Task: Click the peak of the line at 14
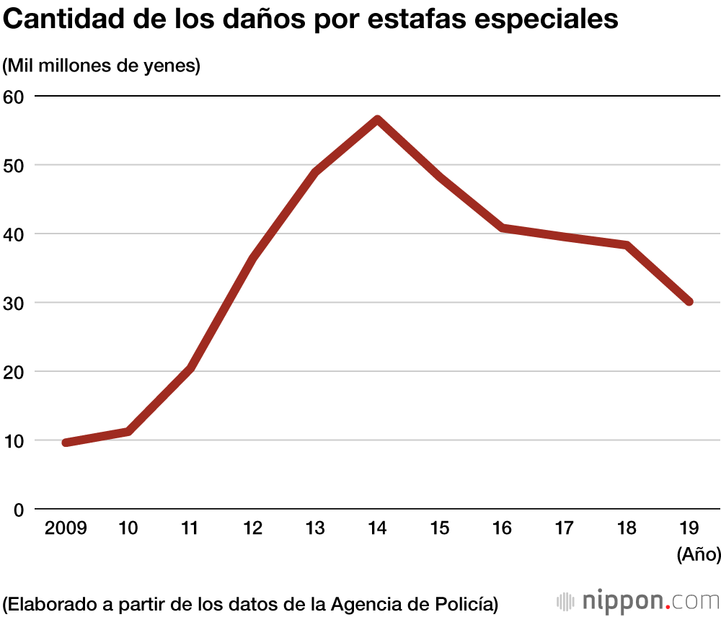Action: coord(377,119)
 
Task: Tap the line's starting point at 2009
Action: coord(66,443)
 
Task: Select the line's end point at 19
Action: coord(689,301)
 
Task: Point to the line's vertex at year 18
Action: coord(627,245)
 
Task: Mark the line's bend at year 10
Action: coord(128,431)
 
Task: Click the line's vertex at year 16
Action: coord(502,228)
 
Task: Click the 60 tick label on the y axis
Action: coord(14,96)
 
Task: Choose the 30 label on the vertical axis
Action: coord(14,303)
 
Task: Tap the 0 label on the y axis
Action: coord(19,510)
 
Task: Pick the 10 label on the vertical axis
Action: coord(14,440)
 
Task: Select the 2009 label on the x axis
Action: coord(66,528)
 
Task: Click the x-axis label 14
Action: coord(377,528)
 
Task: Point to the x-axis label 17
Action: coord(564,528)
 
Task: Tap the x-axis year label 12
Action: coord(252,528)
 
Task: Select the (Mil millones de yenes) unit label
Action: coord(102,66)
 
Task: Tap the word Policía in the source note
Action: coord(469,602)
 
